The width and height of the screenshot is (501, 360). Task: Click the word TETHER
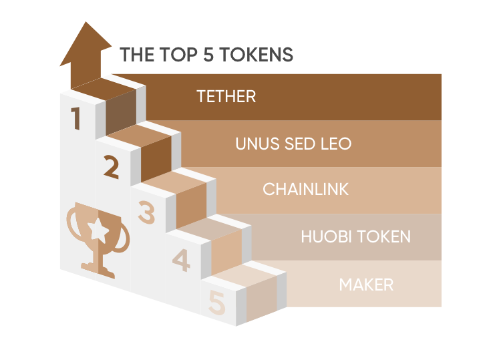226,96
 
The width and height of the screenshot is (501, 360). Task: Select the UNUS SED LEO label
293,144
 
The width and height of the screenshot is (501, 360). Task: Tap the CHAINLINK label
306,189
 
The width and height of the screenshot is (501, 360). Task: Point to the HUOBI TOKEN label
355,236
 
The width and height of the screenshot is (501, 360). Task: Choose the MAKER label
366,285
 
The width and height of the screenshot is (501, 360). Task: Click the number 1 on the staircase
75,118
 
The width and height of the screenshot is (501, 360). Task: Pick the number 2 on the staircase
111,167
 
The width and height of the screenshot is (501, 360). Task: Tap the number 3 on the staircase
147,212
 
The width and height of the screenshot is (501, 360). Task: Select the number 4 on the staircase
181,260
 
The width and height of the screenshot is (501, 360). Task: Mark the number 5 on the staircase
217,302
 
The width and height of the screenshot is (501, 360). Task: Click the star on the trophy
98,229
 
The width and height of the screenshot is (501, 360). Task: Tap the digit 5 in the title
208,55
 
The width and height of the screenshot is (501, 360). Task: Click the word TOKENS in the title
256,54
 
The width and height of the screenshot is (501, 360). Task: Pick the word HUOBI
326,236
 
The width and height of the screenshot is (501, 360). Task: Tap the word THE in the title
137,54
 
